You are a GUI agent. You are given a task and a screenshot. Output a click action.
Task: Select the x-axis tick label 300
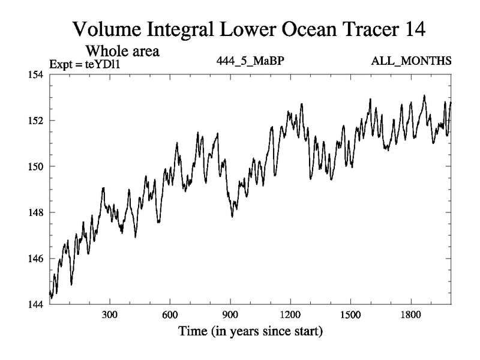click(109, 316)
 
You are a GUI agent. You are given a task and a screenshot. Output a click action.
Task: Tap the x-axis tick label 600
click(170, 316)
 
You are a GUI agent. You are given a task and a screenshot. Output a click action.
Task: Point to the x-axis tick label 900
click(230, 316)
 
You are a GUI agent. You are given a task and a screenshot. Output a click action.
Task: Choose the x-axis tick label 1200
click(290, 316)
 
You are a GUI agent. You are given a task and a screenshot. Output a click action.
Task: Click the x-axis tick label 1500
click(350, 316)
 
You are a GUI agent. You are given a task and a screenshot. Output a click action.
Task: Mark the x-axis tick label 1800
click(410, 316)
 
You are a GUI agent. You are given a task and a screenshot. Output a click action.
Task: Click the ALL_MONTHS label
click(420, 61)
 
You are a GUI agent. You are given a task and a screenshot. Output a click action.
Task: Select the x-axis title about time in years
click(250, 331)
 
